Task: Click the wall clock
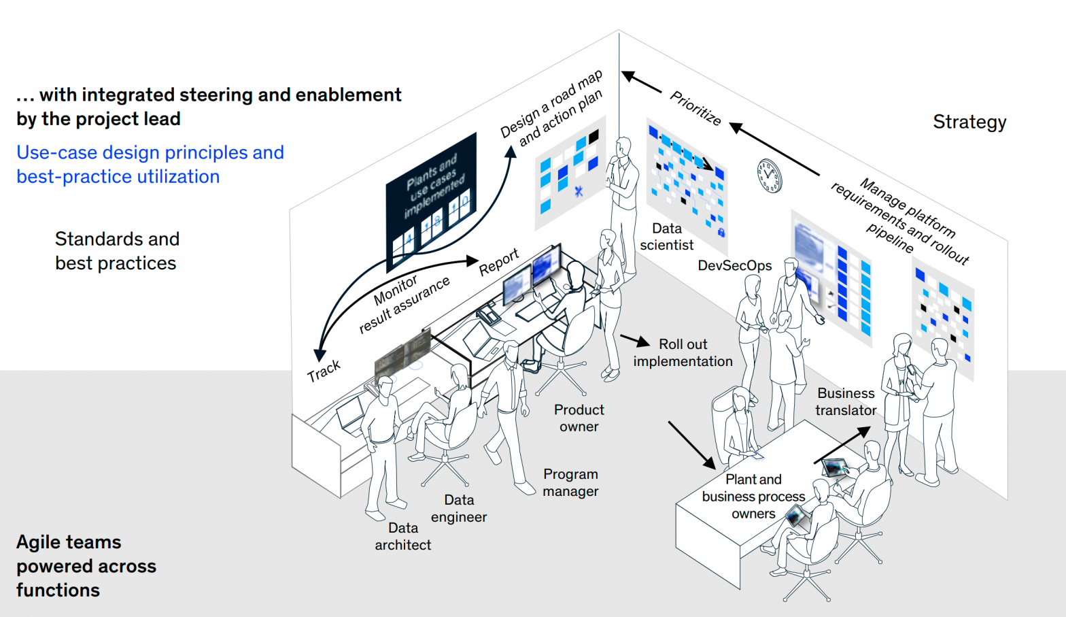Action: pyautogui.click(x=770, y=176)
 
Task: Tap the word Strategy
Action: pyautogui.click(x=969, y=122)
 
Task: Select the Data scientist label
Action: pyautogui.click(x=666, y=237)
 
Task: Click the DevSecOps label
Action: pyautogui.click(x=734, y=266)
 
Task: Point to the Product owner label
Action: pyautogui.click(x=579, y=418)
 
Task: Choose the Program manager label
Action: pyautogui.click(x=570, y=483)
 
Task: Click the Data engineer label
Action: pyautogui.click(x=459, y=509)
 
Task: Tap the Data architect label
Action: pyautogui.click(x=402, y=537)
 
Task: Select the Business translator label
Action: pyautogui.click(x=846, y=402)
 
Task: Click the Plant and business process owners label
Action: pyautogui.click(x=753, y=497)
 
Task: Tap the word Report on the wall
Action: pyautogui.click(x=499, y=262)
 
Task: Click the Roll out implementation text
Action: pyautogui.click(x=683, y=353)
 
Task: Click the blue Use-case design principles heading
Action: pyautogui.click(x=150, y=165)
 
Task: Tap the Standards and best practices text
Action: pyautogui.click(x=116, y=251)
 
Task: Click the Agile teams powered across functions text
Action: pyautogui.click(x=86, y=566)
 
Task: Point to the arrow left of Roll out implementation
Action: pyautogui.click(x=634, y=340)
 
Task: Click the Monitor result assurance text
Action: pyautogui.click(x=405, y=304)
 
